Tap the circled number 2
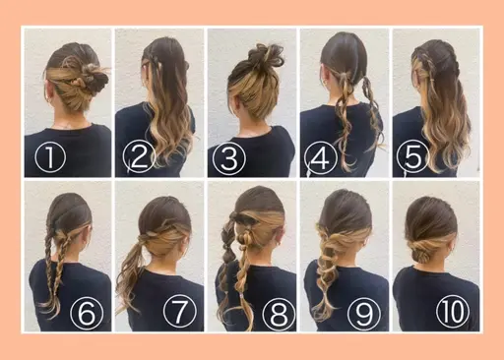137,157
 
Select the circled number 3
229,157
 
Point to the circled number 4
322,157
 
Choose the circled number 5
413,157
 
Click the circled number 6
87,314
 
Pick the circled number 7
179,314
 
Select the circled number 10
458,314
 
